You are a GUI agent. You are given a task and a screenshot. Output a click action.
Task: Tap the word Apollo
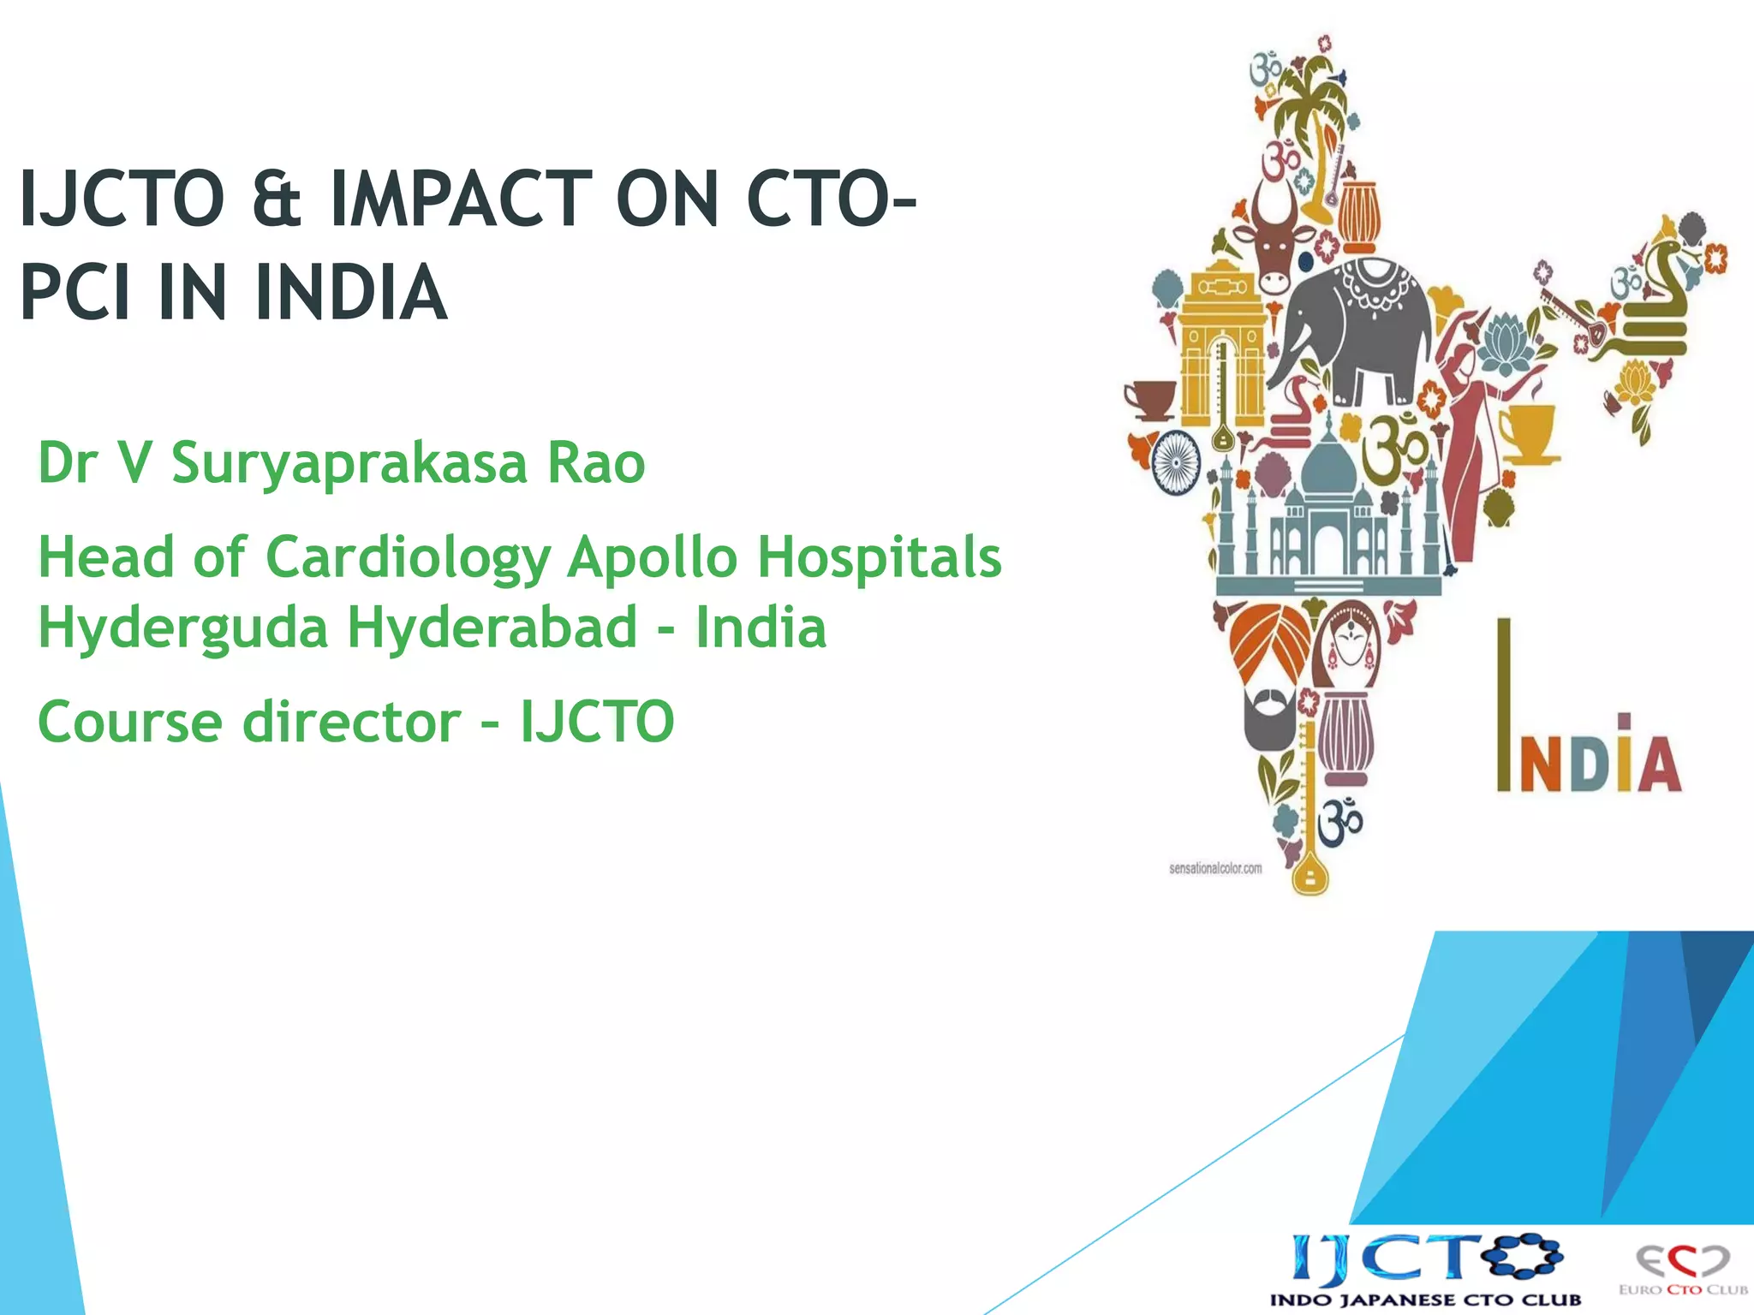click(652, 558)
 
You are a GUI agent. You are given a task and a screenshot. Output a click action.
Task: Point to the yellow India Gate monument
click(1221, 342)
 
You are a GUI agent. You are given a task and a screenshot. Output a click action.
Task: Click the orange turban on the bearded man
click(1269, 642)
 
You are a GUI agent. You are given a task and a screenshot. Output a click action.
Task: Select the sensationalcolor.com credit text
click(1215, 868)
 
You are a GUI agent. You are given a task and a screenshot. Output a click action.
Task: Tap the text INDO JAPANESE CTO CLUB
click(1425, 1300)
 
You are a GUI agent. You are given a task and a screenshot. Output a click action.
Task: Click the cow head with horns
click(1275, 235)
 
